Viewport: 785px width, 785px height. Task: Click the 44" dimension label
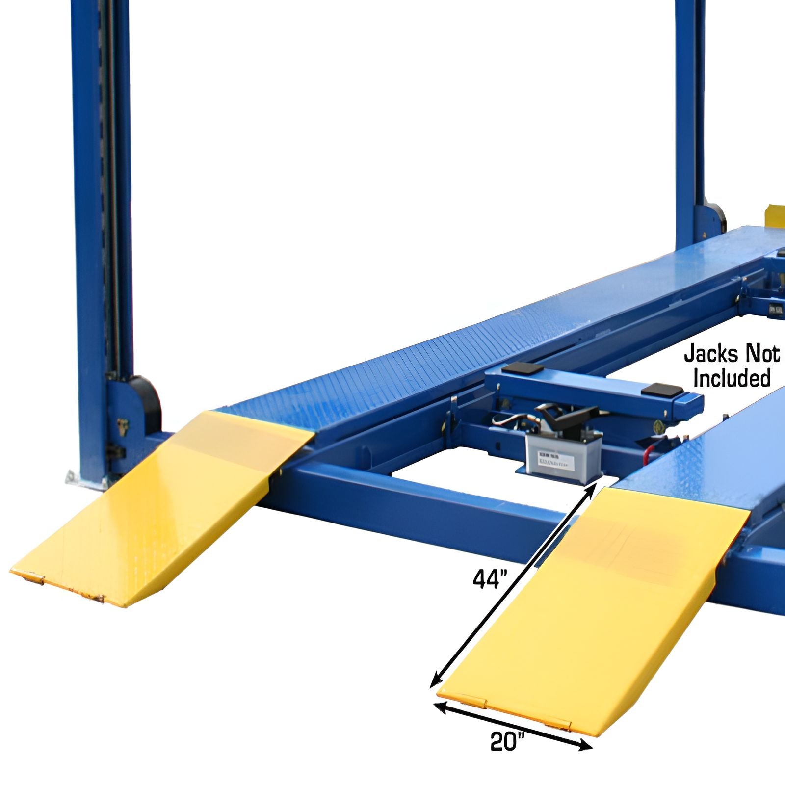coord(489,579)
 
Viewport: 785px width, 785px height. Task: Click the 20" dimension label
coord(507,755)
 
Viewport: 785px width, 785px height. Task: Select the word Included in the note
coord(732,378)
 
